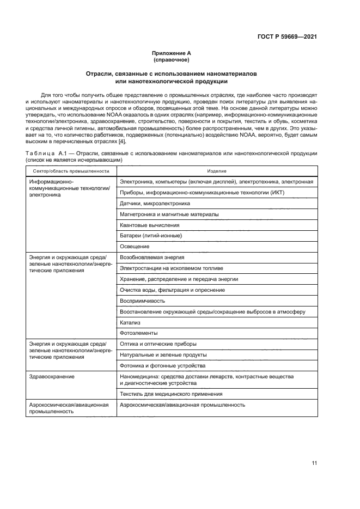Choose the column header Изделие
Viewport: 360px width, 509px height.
[217, 171]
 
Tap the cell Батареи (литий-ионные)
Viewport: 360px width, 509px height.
[151, 235]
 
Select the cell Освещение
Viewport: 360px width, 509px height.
[135, 246]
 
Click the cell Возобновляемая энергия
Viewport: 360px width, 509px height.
[152, 257]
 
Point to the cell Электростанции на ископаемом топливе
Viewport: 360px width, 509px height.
[171, 268]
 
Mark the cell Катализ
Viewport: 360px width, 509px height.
[129, 322]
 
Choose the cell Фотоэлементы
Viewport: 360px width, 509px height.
[138, 333]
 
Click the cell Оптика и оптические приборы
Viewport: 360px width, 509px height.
[158, 344]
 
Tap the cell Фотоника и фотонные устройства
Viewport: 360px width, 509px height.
[162, 365]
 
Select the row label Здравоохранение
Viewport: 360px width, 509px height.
[52, 376]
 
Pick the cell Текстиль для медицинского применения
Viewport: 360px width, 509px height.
[170, 394]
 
